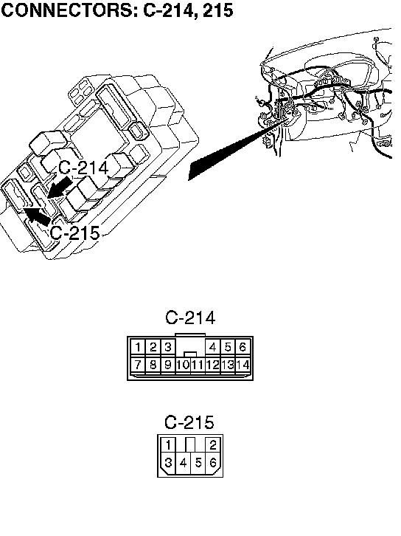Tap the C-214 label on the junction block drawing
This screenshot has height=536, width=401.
83,168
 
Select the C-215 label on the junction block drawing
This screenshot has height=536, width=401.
74,233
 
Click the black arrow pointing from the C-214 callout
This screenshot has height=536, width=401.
60,187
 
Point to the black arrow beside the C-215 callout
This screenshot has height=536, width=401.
37,216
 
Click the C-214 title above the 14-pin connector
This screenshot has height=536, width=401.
190,317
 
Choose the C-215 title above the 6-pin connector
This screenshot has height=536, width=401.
189,422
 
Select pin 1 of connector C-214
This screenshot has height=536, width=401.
138,347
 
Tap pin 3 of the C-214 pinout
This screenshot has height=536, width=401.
167,347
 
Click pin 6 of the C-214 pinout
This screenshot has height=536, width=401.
243,347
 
